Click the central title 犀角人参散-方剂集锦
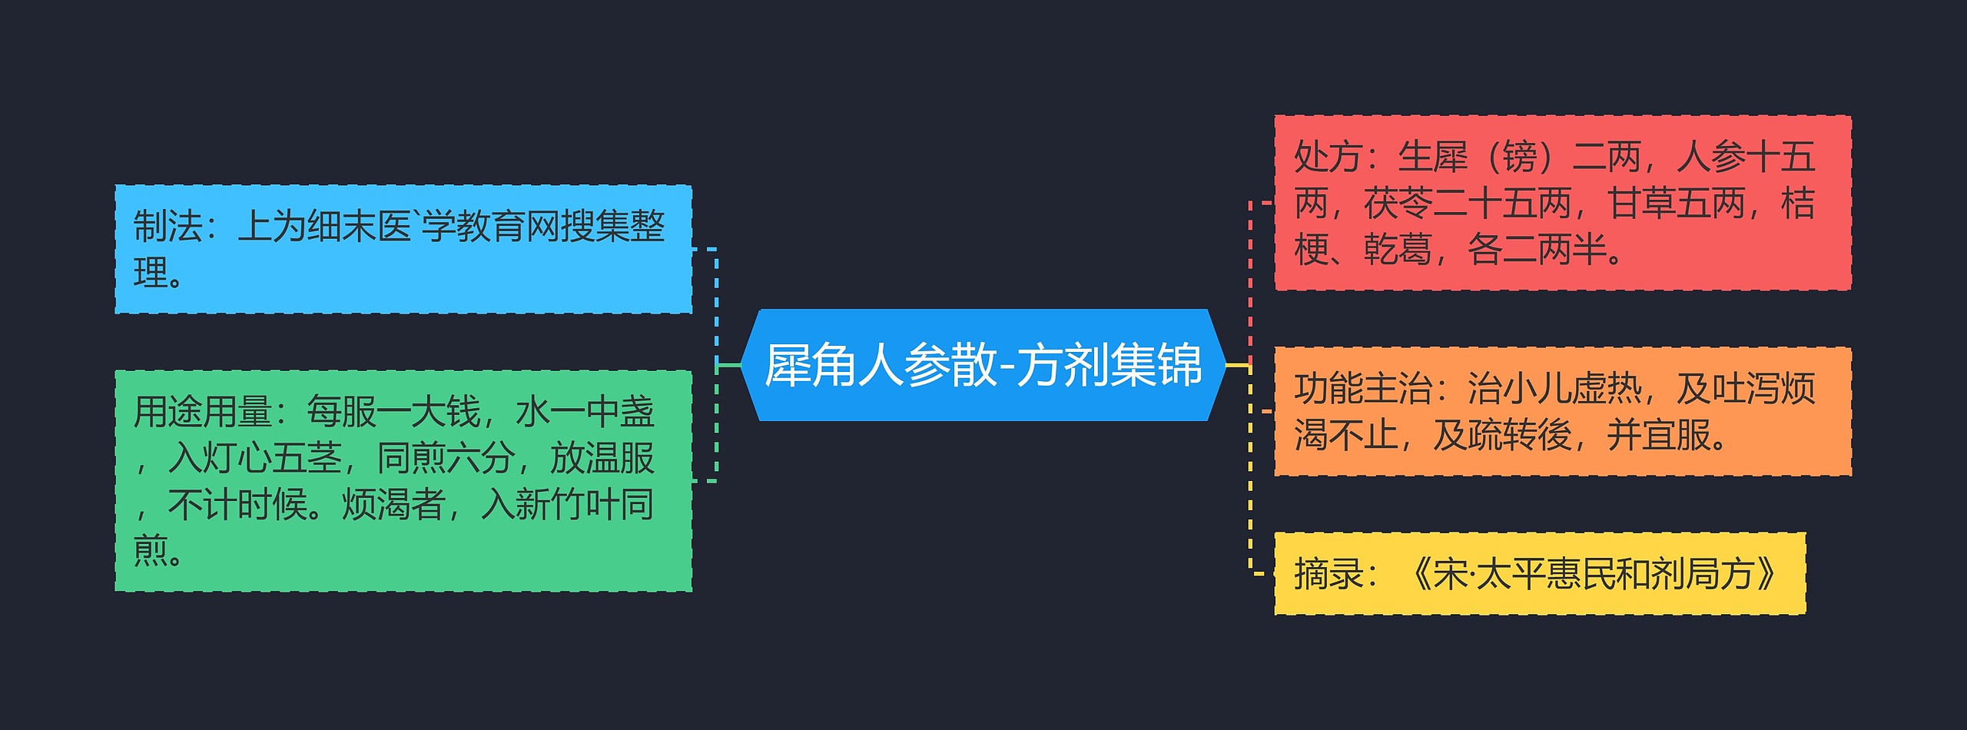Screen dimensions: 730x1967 pyautogui.click(x=983, y=365)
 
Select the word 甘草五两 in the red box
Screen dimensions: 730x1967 pyautogui.click(x=1675, y=204)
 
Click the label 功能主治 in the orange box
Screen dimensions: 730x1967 pyautogui.click(x=1362, y=389)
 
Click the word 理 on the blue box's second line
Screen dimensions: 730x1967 pyautogui.click(x=151, y=273)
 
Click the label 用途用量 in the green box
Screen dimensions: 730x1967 pyautogui.click(x=202, y=412)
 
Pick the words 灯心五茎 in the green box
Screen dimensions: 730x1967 pyautogui.click(x=254, y=458)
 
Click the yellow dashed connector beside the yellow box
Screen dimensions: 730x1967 pyautogui.click(x=1251, y=538)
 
